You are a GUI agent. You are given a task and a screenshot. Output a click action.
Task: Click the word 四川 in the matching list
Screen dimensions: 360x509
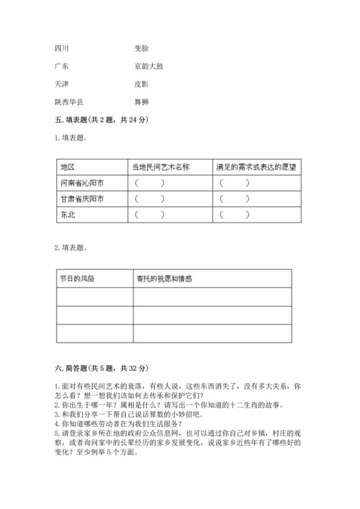(x=62, y=48)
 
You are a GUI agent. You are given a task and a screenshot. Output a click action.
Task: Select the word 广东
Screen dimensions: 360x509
(x=62, y=66)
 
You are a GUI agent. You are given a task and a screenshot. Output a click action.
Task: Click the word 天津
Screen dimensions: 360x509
(x=62, y=84)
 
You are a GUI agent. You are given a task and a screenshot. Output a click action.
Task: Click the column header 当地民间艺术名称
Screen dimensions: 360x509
(x=160, y=167)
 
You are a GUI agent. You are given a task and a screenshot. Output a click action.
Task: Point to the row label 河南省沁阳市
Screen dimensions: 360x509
(x=82, y=183)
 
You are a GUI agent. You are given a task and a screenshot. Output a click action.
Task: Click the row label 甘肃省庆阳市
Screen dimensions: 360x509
(x=82, y=199)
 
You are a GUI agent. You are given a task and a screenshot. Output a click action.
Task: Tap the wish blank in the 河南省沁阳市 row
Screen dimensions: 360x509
(x=235, y=183)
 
